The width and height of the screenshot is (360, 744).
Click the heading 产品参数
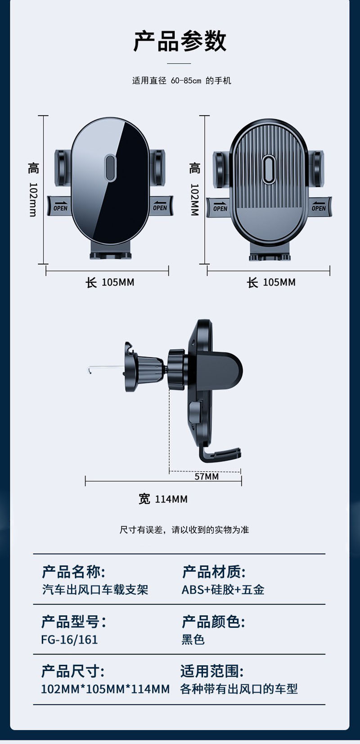tap(180, 41)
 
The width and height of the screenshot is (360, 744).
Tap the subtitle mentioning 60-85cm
tap(181, 81)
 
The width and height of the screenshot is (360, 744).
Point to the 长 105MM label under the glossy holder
tap(110, 283)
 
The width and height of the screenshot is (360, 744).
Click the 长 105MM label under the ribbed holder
tap(271, 283)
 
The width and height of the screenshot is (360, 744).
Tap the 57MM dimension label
tap(207, 476)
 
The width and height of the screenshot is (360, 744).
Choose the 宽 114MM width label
tap(163, 499)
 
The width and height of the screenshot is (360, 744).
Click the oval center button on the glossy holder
tap(110, 167)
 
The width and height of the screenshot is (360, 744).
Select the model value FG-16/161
tap(69, 640)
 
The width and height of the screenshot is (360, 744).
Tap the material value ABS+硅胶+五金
tap(223, 590)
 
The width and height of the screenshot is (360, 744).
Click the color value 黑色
tap(193, 640)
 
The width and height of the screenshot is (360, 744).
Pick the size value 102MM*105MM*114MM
tap(105, 689)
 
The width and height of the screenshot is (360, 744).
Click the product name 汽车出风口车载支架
tap(95, 590)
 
